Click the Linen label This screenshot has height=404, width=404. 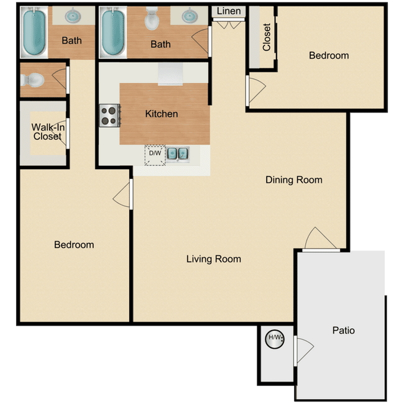coord(229,11)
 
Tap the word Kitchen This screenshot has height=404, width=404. coord(162,114)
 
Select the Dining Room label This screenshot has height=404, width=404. coord(294,180)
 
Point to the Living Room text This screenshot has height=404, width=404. coord(214,259)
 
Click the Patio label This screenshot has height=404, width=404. coord(343,330)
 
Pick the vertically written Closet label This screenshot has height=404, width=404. coord(267,37)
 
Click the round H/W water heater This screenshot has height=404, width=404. coord(274,339)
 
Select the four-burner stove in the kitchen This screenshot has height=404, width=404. coord(109,115)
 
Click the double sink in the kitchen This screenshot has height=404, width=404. coord(179,154)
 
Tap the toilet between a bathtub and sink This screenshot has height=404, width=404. coord(152,21)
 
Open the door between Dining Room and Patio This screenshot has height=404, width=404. coord(321,239)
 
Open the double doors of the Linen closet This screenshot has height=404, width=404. coord(229,24)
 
